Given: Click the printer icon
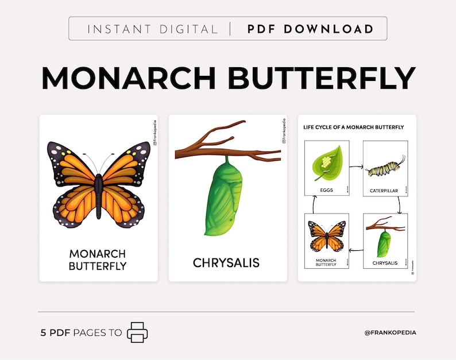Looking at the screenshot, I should click(137, 332).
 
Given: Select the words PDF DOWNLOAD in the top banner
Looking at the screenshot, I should click(310, 29).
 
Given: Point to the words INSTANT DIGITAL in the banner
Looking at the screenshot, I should click(152, 29).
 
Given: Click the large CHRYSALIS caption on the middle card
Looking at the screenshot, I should click(226, 263).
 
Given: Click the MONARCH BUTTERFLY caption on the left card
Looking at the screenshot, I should click(98, 260).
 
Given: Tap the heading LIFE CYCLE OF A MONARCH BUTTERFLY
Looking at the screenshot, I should click(353, 127).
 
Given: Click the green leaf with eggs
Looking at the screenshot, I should click(328, 164).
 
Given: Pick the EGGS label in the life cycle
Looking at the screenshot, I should click(327, 189).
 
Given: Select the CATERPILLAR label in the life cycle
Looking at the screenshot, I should click(384, 189).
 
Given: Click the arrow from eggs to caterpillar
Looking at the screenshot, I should click(356, 168).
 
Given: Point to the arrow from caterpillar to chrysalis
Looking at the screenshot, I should click(398, 204).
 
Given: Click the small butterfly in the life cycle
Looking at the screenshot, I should click(327, 236).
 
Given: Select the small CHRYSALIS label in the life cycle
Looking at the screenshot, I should click(385, 263).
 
